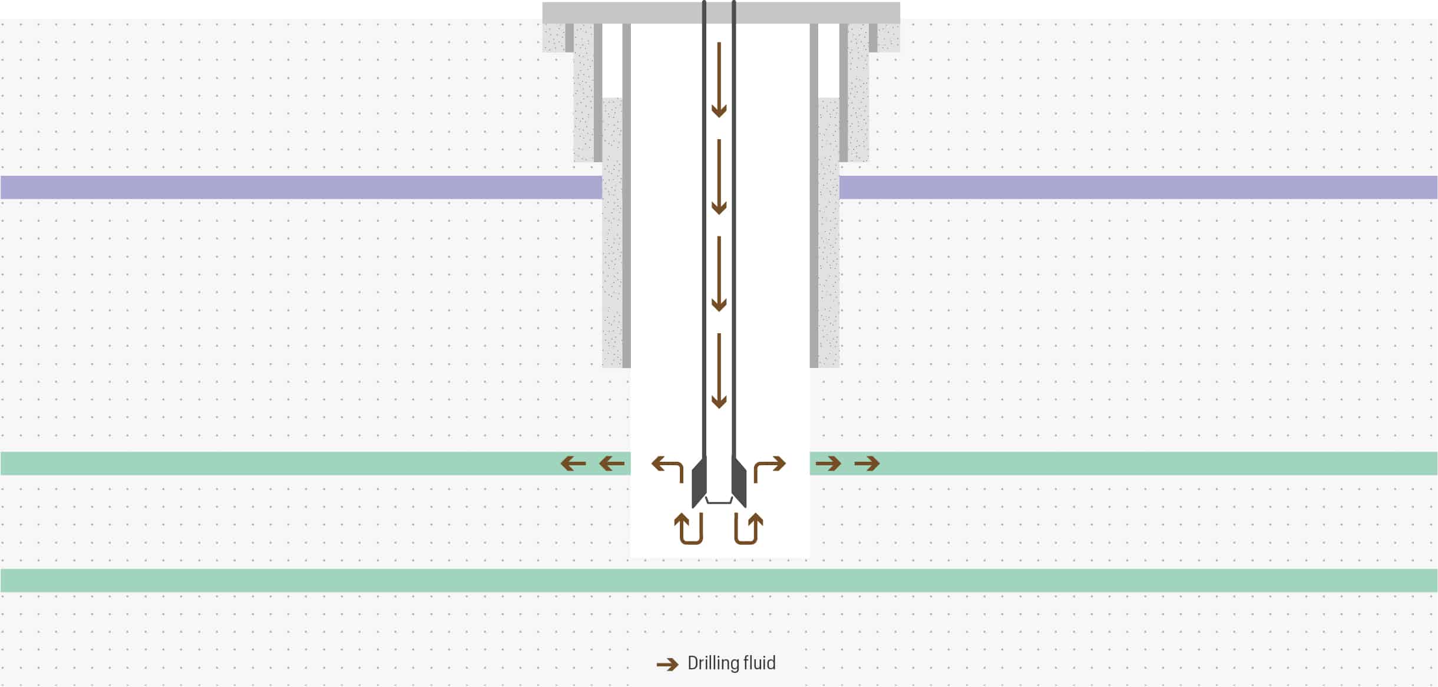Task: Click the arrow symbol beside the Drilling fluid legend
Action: (667, 665)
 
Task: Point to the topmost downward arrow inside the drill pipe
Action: (719, 80)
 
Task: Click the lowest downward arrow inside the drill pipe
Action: (719, 371)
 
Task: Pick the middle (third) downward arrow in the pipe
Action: (719, 274)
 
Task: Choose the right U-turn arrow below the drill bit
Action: (748, 528)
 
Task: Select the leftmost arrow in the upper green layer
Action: (573, 464)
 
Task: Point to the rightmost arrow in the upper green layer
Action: (867, 464)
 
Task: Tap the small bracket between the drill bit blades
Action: (719, 501)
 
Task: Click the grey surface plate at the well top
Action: (720, 12)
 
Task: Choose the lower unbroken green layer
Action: (719, 580)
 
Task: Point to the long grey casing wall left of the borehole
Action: (626, 236)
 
